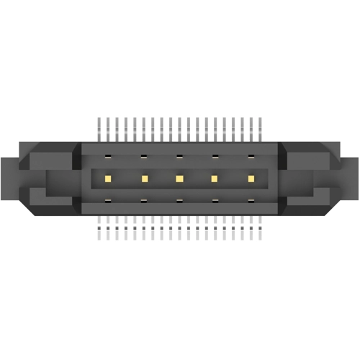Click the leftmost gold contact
tap(107, 178)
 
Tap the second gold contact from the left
tap(143, 178)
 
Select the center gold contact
tap(179, 178)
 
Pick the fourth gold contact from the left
tap(215, 178)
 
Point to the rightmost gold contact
tap(251, 178)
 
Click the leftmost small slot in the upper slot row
tap(107, 156)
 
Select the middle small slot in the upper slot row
tap(179, 156)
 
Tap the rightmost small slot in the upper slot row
tap(251, 156)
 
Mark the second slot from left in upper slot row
tap(143, 156)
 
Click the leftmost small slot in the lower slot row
tap(107, 201)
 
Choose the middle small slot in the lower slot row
tap(179, 201)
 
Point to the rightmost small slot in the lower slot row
tap(251, 201)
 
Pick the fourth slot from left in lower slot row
tap(215, 201)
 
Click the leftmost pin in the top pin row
tap(99, 128)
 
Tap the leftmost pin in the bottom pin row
tap(99, 229)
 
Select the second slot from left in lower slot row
tap(143, 201)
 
